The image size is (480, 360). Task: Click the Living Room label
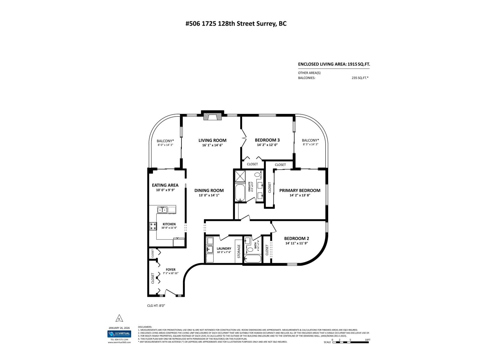212,140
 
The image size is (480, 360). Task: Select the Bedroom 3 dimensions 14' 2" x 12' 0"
267,145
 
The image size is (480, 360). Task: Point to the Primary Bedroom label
300,190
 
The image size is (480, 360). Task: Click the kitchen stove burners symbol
153,226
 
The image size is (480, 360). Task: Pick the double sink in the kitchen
163,210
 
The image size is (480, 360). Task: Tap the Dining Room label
209,190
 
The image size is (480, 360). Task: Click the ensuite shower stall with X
240,176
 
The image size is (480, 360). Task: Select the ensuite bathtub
240,193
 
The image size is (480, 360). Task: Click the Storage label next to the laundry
239,251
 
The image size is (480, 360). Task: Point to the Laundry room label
224,248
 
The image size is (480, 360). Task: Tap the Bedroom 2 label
296,238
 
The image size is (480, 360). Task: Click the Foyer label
171,269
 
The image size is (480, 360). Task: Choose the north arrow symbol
119,318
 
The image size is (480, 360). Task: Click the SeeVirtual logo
119,334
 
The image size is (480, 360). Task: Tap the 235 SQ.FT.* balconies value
360,78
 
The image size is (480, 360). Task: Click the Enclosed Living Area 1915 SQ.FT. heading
332,64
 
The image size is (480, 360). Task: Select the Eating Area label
165,185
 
